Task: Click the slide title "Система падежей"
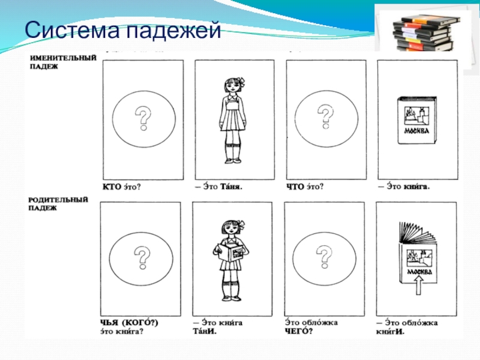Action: pyautogui.click(x=123, y=30)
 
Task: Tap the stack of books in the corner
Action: pyautogui.click(x=423, y=33)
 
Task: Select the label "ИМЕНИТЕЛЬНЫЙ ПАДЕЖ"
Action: pyautogui.click(x=63, y=62)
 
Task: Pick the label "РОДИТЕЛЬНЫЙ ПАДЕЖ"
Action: pyautogui.click(x=58, y=203)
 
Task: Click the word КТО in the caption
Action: pyautogui.click(x=112, y=187)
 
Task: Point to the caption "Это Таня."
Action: pyautogui.click(x=219, y=187)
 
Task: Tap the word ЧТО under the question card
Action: pyautogui.click(x=295, y=187)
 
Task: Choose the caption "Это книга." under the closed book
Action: pyautogui.click(x=404, y=186)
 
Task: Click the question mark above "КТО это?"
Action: pyautogui.click(x=143, y=118)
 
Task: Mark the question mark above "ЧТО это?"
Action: pyautogui.click(x=325, y=116)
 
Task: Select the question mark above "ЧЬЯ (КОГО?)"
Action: pyautogui.click(x=142, y=258)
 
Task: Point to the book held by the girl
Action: pyautogui.click(x=232, y=253)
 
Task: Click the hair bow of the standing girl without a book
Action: pyautogui.click(x=241, y=81)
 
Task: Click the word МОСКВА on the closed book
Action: pyautogui.click(x=416, y=131)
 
